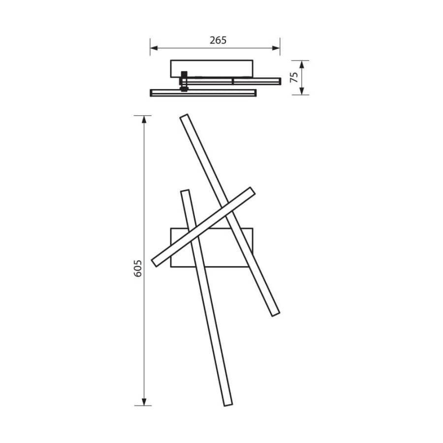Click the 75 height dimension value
tap(294, 77)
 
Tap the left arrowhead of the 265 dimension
tap(153, 48)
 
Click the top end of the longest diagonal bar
tap(185, 117)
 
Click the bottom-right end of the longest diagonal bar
tap(276, 313)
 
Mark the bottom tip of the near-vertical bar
tap(227, 404)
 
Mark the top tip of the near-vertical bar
tap(185, 191)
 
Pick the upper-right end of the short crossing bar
tap(252, 190)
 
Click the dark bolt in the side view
tap(184, 81)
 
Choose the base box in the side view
tap(212, 67)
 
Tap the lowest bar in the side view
tap(203, 93)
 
